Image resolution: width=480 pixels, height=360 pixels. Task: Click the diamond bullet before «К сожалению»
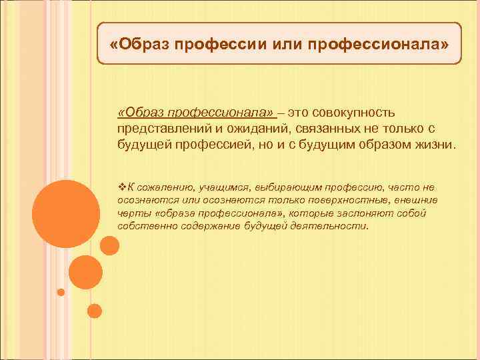pyautogui.click(x=121, y=187)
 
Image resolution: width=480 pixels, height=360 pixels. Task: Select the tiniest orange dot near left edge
pyautogui.click(x=61, y=291)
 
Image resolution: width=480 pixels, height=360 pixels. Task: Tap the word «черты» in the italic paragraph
pyautogui.click(x=131, y=213)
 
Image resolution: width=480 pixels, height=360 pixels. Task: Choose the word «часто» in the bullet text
pyautogui.click(x=404, y=187)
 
